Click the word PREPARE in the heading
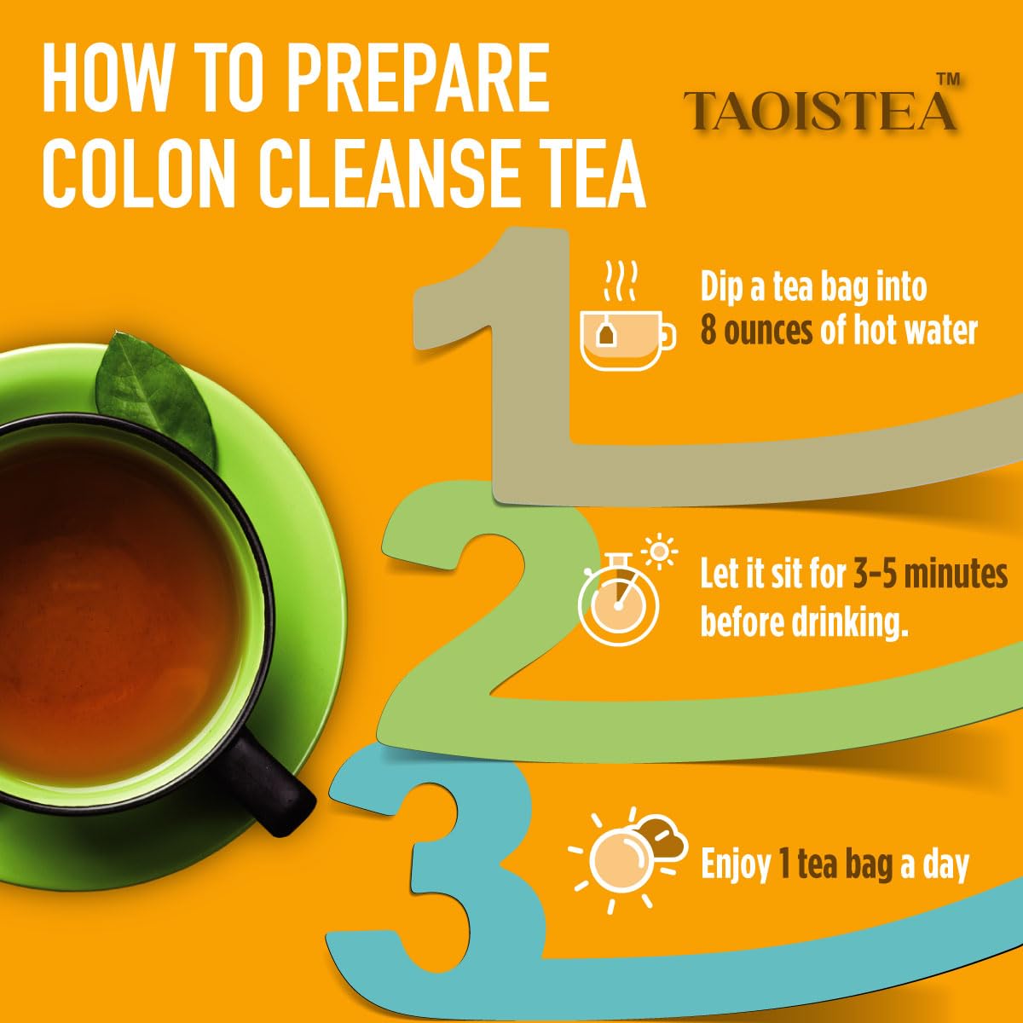(416, 79)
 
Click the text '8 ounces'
(756, 331)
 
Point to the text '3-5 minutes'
(930, 575)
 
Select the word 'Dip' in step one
(721, 286)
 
